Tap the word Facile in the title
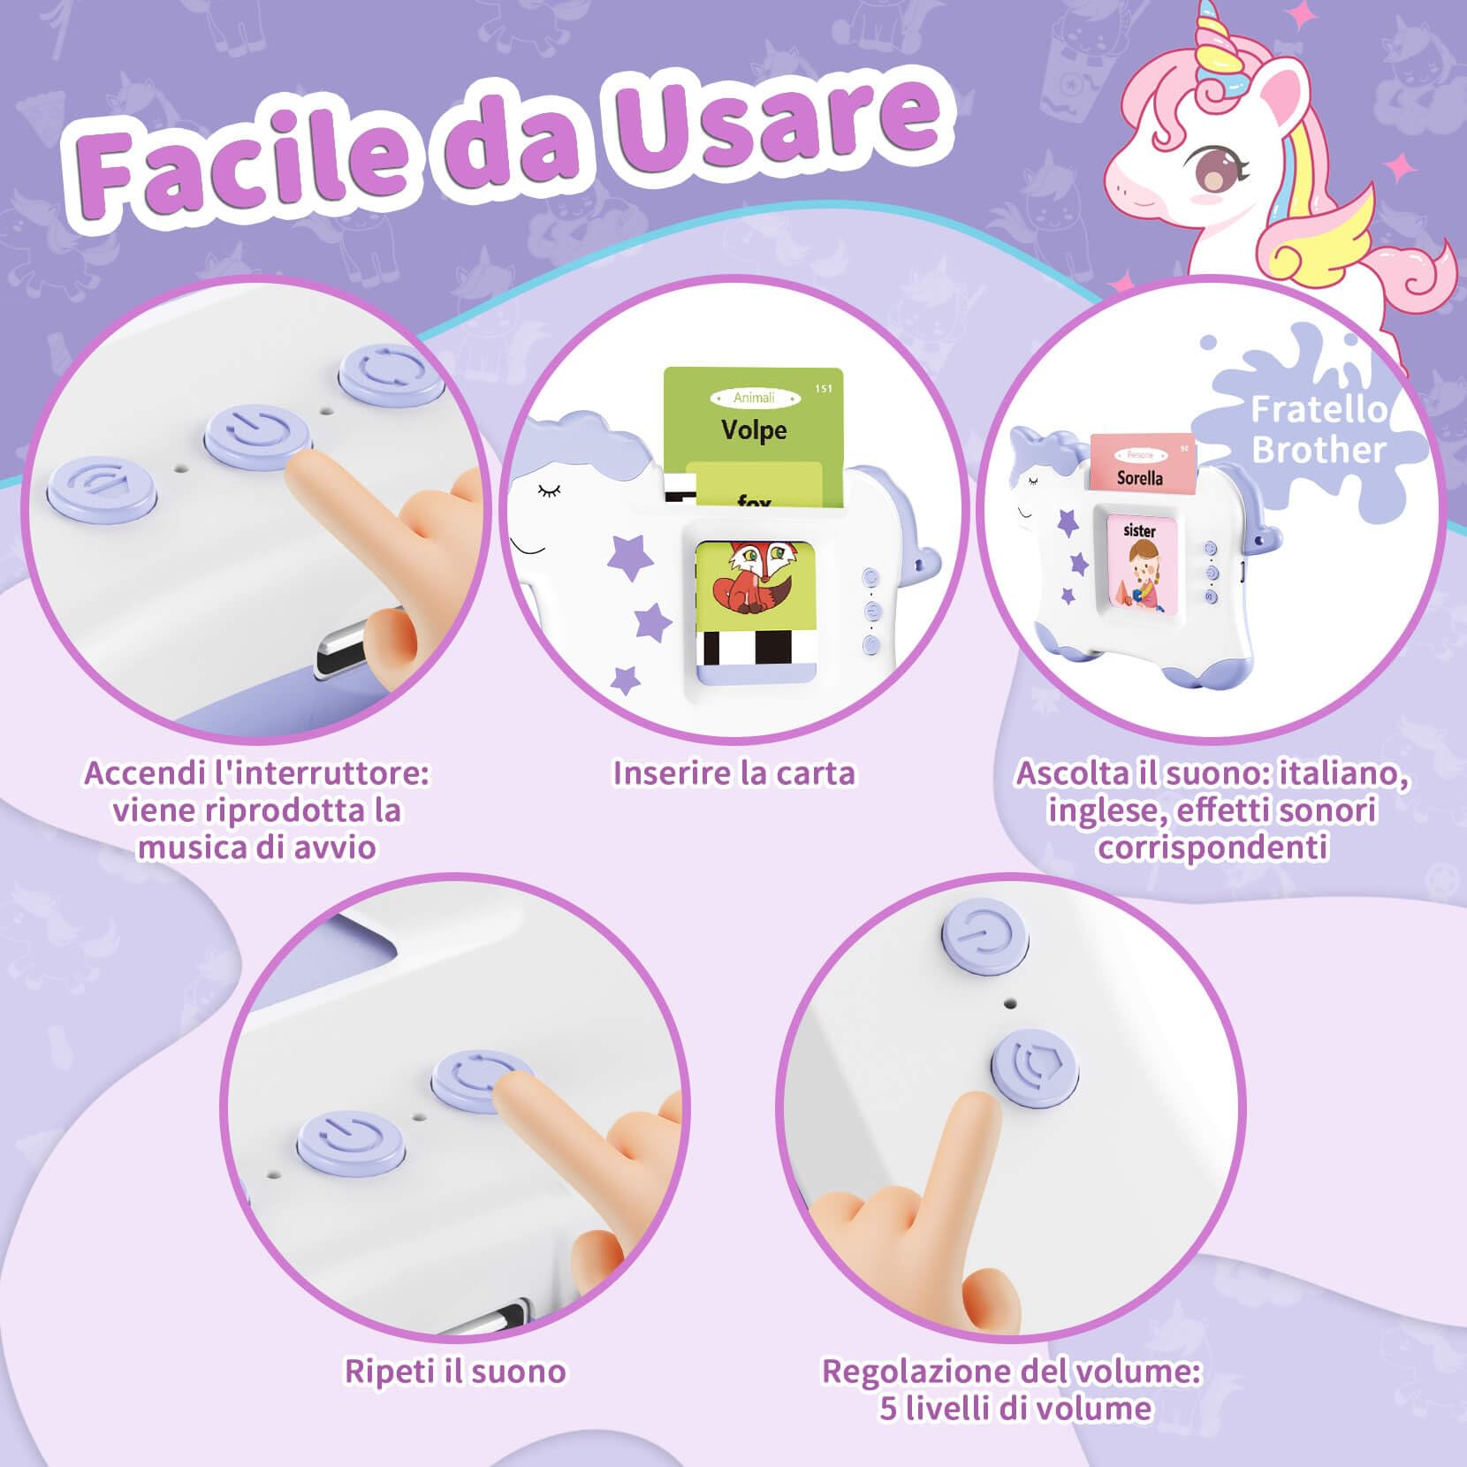[x=239, y=163]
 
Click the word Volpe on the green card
[x=753, y=430]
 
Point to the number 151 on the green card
[x=824, y=389]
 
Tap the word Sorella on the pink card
[x=1139, y=478]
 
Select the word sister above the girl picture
[x=1139, y=530]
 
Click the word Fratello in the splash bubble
[x=1319, y=410]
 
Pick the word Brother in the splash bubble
[x=1319, y=451]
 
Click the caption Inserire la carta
[x=733, y=773]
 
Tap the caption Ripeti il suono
[x=455, y=1371]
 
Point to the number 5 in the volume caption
[x=888, y=1408]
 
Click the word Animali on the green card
[x=753, y=398]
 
